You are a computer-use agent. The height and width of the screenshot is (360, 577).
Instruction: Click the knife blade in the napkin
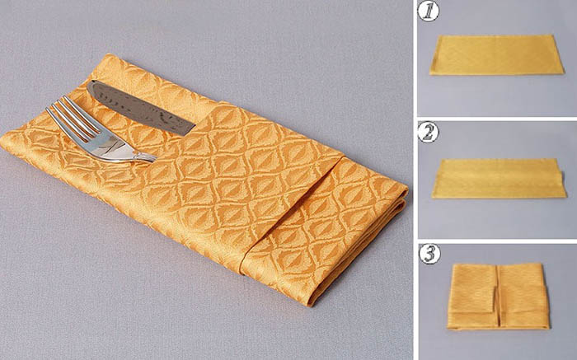(140, 107)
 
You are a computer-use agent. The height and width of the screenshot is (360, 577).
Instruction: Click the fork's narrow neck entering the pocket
(145, 157)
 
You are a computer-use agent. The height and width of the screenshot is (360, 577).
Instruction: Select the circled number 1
(429, 11)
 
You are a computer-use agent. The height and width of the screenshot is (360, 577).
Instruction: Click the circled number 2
(429, 133)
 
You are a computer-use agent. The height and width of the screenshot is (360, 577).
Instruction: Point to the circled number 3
(429, 254)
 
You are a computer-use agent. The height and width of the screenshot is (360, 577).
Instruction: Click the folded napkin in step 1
(497, 55)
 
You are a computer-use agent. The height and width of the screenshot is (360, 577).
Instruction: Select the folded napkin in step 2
(499, 178)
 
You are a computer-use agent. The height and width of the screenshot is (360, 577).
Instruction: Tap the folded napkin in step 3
(498, 296)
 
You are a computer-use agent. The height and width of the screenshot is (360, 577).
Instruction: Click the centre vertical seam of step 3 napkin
(498, 295)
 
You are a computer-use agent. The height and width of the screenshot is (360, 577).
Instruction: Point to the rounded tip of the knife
(91, 86)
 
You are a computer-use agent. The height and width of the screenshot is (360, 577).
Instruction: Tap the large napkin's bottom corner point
(309, 305)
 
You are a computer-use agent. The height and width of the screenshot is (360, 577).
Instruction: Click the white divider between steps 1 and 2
(497, 119)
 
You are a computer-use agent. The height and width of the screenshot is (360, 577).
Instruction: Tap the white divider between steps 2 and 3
(497, 241)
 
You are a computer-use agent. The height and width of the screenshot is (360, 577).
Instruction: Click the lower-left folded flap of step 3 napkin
(471, 320)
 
